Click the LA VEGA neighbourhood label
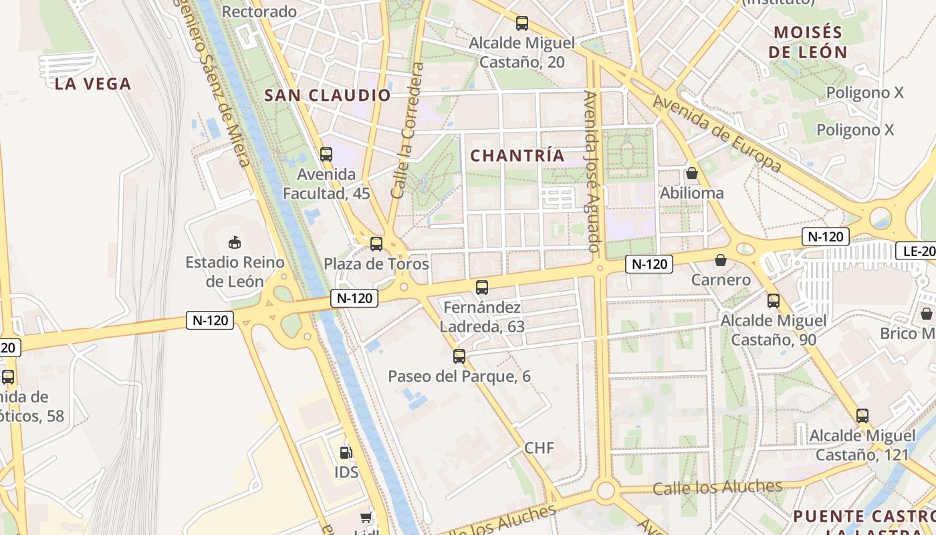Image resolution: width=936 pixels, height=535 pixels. click(93, 84)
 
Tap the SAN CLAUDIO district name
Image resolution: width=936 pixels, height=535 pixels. click(328, 95)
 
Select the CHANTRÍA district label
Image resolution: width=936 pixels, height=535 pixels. click(517, 156)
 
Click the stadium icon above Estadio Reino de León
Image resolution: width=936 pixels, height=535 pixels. click(235, 242)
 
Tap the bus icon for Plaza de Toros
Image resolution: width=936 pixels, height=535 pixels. click(376, 244)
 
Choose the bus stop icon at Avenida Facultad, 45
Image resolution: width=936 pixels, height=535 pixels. click(326, 154)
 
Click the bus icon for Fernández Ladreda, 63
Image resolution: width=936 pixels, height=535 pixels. click(482, 288)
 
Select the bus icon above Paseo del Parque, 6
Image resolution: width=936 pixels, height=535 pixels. click(459, 356)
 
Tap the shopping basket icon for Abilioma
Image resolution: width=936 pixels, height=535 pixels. click(692, 174)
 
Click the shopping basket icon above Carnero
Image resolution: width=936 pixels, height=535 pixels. click(721, 260)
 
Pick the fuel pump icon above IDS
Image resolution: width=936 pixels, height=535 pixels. click(346, 453)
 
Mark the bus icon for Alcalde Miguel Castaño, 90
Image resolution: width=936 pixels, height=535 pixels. click(774, 301)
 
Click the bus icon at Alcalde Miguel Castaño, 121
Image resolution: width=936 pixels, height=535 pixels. click(862, 416)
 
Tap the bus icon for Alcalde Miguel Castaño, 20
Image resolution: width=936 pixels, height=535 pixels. click(522, 23)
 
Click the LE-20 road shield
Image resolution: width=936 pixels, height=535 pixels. click(917, 251)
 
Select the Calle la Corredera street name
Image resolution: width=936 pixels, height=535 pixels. click(408, 130)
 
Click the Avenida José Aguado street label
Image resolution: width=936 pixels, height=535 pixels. click(592, 171)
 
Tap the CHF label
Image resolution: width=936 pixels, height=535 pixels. click(539, 448)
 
